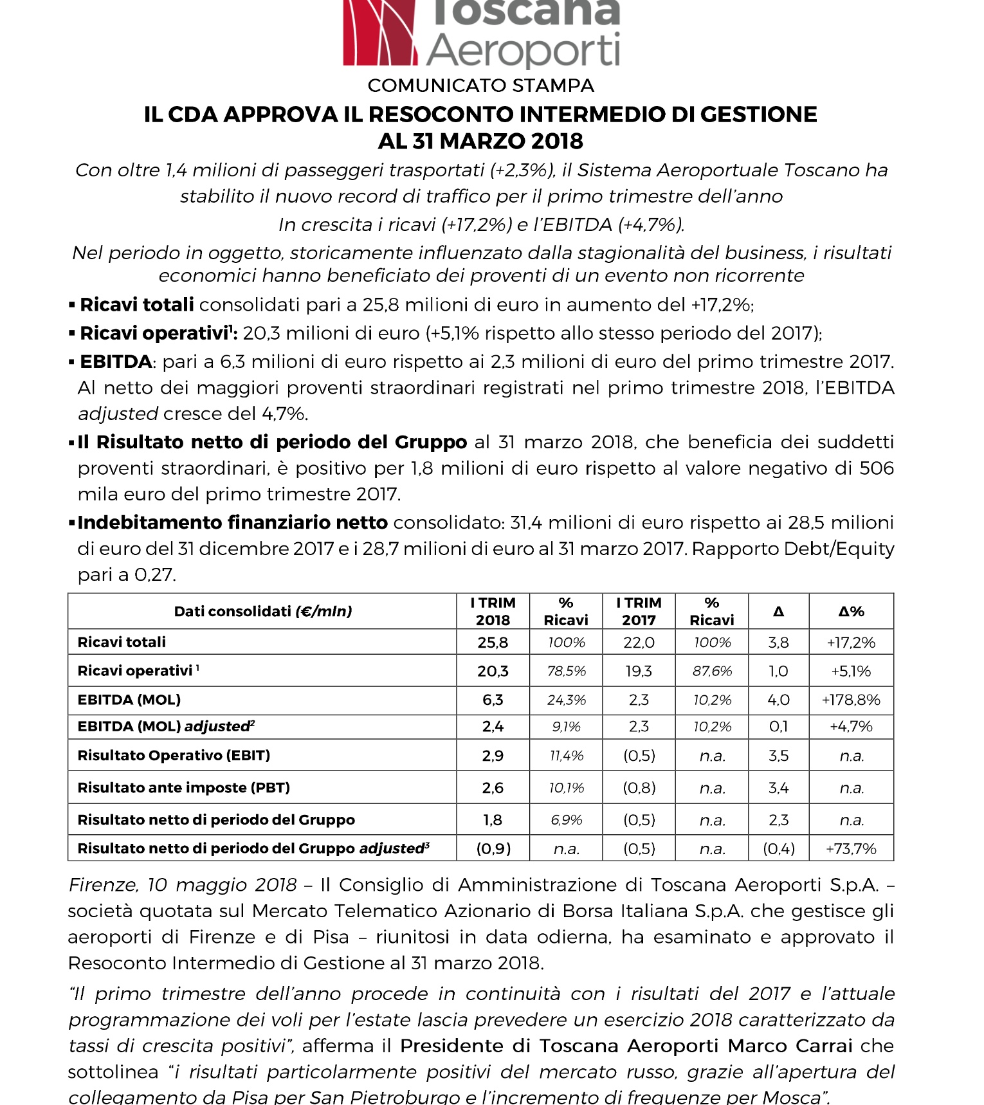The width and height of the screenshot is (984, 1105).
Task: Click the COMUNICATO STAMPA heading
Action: point(480,86)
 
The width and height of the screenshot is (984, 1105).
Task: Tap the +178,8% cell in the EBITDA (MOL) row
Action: point(851,700)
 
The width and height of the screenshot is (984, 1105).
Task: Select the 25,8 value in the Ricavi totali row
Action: point(493,642)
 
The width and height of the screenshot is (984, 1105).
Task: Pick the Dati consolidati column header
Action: point(262,611)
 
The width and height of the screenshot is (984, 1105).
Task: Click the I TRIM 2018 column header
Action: point(493,611)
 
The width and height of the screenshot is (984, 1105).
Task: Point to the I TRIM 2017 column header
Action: point(639,611)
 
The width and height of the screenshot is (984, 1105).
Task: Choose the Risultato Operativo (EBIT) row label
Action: point(174,755)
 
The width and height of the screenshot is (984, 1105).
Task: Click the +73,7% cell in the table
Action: point(851,848)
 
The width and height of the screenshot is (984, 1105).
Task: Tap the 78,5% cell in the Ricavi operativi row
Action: point(566,671)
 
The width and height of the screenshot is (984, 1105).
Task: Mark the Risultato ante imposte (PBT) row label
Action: point(183,787)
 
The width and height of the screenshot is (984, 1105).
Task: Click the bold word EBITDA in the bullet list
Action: point(116,361)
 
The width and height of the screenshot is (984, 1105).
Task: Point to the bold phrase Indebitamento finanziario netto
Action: point(232,522)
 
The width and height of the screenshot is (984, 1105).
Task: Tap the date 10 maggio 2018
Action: point(222,885)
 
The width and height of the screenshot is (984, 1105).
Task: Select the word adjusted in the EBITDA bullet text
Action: point(118,414)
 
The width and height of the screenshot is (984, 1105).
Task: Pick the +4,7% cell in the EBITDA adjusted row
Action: point(851,726)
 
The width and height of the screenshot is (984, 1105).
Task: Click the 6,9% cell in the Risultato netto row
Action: point(566,820)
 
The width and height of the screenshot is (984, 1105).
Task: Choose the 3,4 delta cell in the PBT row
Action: point(778,787)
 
